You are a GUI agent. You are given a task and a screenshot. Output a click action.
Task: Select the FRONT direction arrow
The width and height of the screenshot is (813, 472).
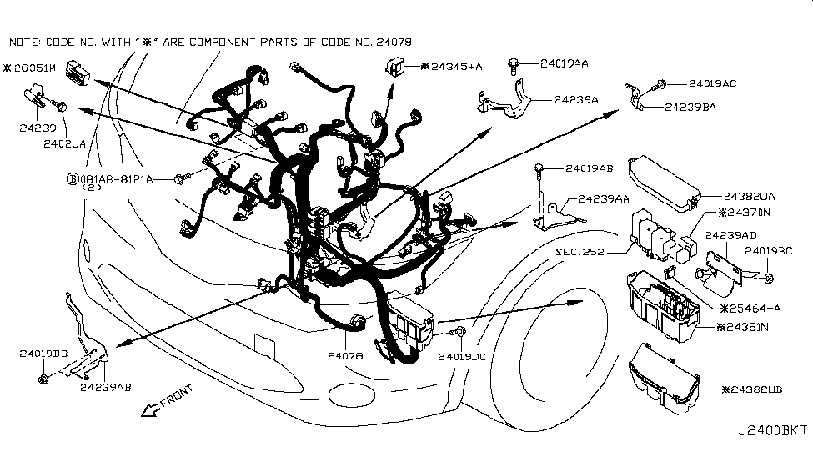click(x=166, y=400)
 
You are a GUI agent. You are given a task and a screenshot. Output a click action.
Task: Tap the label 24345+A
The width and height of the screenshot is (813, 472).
click(x=452, y=65)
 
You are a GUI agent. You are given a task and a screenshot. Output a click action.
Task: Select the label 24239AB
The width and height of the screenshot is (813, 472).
click(x=106, y=387)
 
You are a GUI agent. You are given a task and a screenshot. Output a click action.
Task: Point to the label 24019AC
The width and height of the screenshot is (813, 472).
click(x=712, y=83)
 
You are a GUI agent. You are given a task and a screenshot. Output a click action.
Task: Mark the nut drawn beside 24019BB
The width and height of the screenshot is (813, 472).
click(x=43, y=380)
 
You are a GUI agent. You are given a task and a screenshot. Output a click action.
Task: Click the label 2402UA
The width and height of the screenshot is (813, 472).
click(x=64, y=143)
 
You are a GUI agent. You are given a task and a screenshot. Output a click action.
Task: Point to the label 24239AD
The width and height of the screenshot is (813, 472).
click(x=731, y=236)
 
